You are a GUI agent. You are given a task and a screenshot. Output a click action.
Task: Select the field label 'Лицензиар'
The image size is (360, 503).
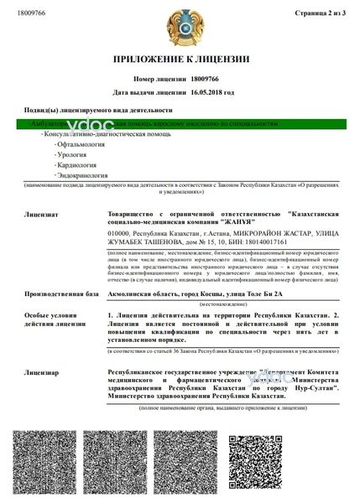point(42,369)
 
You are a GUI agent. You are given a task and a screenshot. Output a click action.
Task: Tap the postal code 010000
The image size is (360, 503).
point(123,232)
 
